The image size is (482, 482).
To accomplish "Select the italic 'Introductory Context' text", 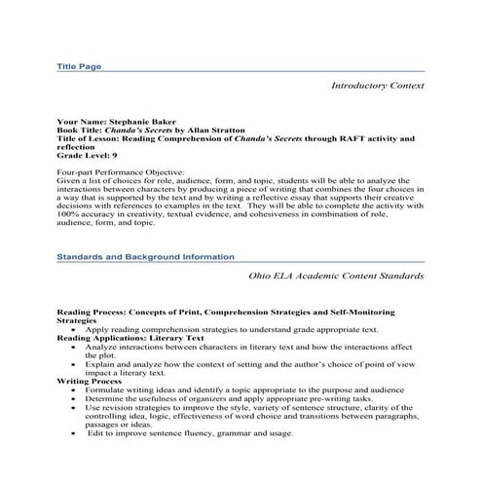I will coord(377,86).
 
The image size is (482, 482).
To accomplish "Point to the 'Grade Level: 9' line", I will coord(87,156).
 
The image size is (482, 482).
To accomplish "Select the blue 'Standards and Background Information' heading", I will coord(144,256).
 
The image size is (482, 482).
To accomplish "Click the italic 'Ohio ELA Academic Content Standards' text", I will coord(336,276).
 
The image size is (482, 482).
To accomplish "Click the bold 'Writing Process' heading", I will coord(85,380).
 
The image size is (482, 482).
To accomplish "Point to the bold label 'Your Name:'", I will coord(78,122).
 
